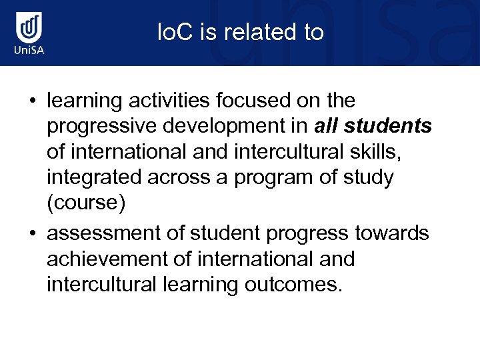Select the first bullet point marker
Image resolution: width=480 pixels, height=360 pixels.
click(31, 101)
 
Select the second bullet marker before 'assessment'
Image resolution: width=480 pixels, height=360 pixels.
click(31, 234)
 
